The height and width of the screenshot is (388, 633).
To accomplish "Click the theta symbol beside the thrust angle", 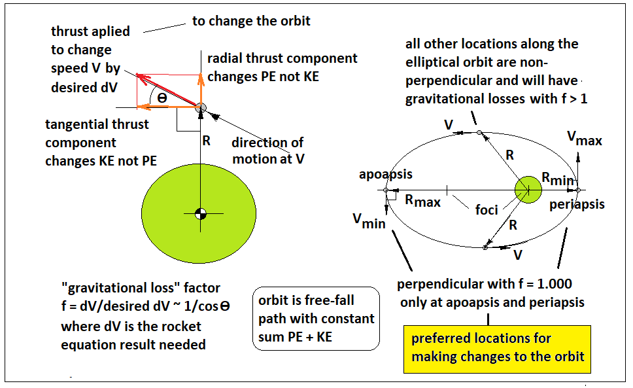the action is pyautogui.click(x=162, y=98).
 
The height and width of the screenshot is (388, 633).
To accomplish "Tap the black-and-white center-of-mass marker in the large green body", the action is pyautogui.click(x=201, y=213).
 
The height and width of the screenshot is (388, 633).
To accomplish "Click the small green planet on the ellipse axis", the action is pyautogui.click(x=528, y=189).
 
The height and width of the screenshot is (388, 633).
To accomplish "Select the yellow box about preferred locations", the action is pyautogui.click(x=497, y=349).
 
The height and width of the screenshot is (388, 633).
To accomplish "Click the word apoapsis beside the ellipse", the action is pyautogui.click(x=386, y=175).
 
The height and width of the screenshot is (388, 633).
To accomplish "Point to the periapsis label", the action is pyautogui.click(x=577, y=204).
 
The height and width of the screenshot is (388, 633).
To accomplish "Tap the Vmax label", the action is pyautogui.click(x=585, y=138).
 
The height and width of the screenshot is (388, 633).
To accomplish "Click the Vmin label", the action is pyautogui.click(x=369, y=221).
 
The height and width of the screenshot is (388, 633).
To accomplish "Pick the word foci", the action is pyautogui.click(x=487, y=209).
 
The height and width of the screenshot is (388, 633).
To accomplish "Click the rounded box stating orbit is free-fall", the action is pyautogui.click(x=316, y=319).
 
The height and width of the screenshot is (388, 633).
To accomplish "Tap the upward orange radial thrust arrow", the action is pyautogui.click(x=201, y=90).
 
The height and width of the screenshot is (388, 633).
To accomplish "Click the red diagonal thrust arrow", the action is pyautogui.click(x=167, y=90).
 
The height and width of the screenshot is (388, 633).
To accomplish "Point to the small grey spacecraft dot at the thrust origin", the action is pyautogui.click(x=201, y=108).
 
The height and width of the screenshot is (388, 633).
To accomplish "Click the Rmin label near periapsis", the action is pyautogui.click(x=558, y=178).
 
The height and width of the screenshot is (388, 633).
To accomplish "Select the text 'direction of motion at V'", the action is pyautogui.click(x=268, y=150).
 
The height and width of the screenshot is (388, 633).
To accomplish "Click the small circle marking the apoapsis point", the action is pyautogui.click(x=386, y=190).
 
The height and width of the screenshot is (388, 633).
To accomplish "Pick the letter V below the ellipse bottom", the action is pyautogui.click(x=517, y=255).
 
